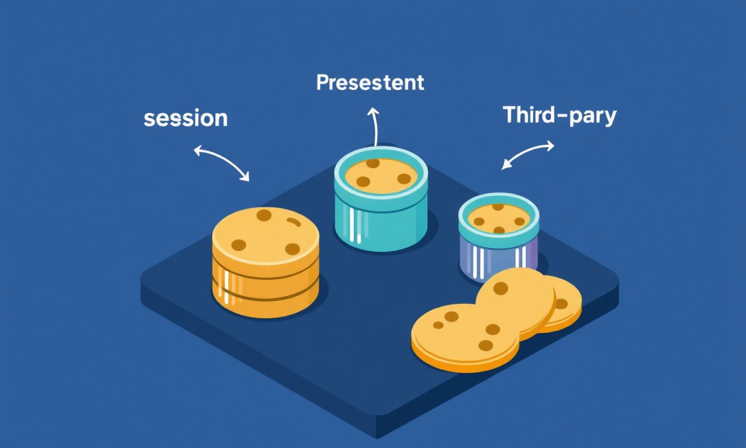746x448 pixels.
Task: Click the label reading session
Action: tap(185, 118)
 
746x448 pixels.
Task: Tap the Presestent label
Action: tap(370, 82)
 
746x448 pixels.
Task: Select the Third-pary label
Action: tap(560, 116)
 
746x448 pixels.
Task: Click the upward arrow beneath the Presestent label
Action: tap(375, 127)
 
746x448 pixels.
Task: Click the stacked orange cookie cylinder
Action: tap(265, 262)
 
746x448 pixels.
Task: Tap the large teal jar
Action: tap(381, 199)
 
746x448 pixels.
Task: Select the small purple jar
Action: tap(498, 237)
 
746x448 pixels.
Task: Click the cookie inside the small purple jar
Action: tap(498, 219)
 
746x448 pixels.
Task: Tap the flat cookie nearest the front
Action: tap(465, 338)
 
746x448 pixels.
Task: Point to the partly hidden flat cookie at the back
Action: tap(565, 304)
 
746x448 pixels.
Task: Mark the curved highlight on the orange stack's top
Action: tap(294, 221)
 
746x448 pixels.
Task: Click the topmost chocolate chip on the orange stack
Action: tap(264, 215)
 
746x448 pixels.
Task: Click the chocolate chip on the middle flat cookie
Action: tap(501, 288)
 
